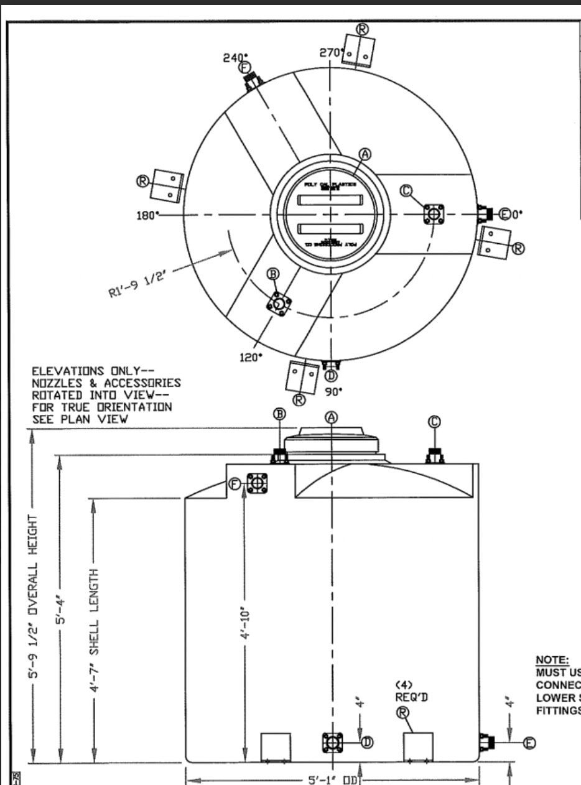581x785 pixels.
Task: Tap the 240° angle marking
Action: click(x=235, y=57)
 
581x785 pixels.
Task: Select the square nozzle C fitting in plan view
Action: click(x=432, y=214)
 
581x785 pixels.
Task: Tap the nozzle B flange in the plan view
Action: click(x=279, y=304)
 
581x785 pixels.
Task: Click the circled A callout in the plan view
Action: click(x=366, y=154)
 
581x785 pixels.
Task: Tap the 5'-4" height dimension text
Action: click(x=60, y=610)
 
